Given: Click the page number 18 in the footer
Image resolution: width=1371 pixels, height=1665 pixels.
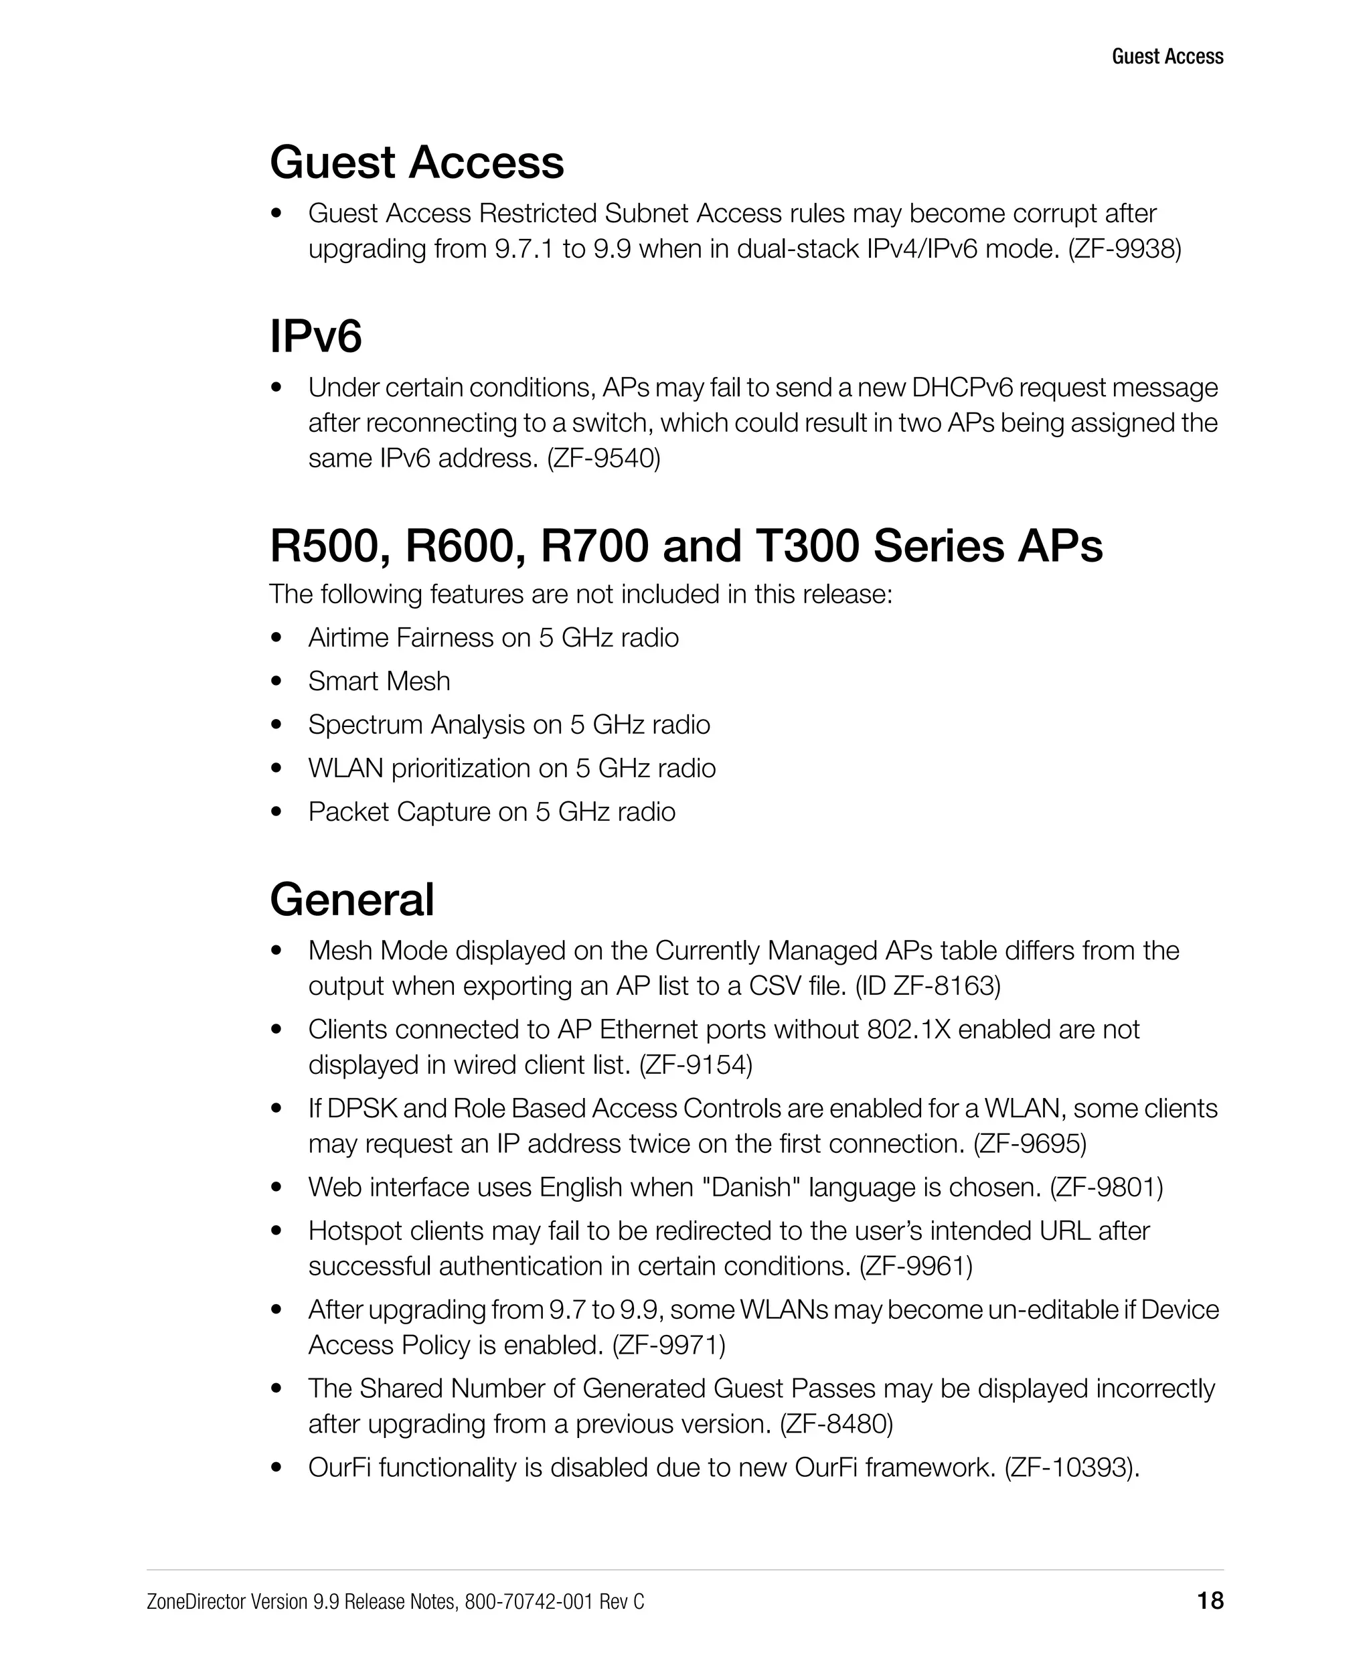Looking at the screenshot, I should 1210,1600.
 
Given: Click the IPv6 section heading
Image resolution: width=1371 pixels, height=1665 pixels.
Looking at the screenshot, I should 316,337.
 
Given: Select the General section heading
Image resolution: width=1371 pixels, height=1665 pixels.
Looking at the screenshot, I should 351,900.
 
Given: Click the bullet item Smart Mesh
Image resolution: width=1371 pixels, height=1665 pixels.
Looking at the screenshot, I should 379,681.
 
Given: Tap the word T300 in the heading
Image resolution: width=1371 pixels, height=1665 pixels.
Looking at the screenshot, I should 807,546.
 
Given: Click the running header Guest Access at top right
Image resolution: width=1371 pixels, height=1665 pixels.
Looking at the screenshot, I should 1167,56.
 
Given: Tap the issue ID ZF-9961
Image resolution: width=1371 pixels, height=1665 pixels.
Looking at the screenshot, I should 916,1266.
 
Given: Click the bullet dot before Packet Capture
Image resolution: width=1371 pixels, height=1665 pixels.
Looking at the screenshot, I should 276,812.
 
